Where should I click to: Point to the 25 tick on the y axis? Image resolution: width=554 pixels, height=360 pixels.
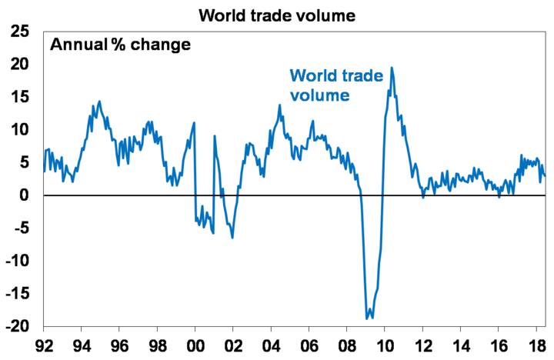pos(21,32)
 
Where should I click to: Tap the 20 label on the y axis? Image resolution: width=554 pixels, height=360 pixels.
pos(21,64)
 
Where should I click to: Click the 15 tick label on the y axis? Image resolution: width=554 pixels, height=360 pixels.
pos(21,97)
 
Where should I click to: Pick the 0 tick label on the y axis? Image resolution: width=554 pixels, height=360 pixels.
pos(26,195)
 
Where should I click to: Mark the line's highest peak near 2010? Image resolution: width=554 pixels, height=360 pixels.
pos(392,68)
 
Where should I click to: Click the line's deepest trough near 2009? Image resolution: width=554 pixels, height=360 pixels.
pos(368,318)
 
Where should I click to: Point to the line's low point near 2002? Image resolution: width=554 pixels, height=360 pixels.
pos(232,237)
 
